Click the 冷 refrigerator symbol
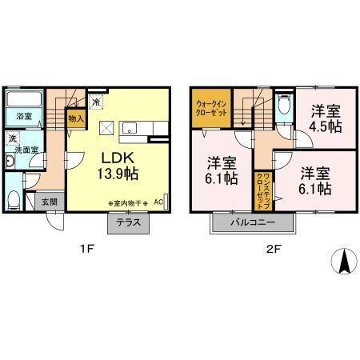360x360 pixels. pyautogui.click(x=95, y=102)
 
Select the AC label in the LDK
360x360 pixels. pyautogui.click(x=158, y=202)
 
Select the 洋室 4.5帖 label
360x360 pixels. pyautogui.click(x=323, y=118)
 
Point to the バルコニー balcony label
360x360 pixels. pyautogui.click(x=254, y=222)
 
